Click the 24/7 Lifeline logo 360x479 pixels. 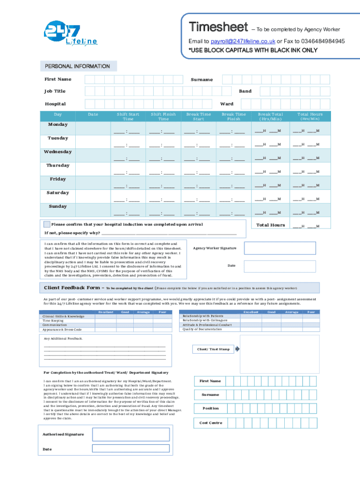pos(70,34)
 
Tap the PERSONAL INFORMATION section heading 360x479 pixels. pos(77,66)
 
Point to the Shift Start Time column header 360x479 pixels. pos(128,116)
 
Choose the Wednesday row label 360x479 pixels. pos(58,152)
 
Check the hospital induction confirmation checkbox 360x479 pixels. pos(47,224)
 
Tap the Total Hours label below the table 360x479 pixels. pos(271,225)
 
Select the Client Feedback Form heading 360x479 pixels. pos(72,288)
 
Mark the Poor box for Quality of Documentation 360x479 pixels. pos(311,329)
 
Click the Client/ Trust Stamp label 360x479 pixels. pos(213,349)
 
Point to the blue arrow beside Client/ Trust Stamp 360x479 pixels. pos(237,349)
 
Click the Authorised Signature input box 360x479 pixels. pos(130,435)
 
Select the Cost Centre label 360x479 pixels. pos(211,423)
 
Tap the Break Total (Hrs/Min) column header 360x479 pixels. pos(267,116)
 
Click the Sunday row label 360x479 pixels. pos(58,206)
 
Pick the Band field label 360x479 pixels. pos(245,91)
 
